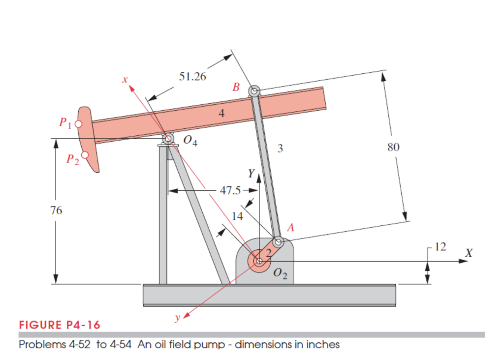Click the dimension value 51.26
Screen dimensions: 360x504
pyautogui.click(x=192, y=77)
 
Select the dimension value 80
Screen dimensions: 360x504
pyautogui.click(x=393, y=147)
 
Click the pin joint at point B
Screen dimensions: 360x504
pyautogui.click(x=254, y=91)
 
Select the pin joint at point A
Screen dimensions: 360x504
pyautogui.click(x=279, y=241)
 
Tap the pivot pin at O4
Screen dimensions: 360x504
pyautogui.click(x=167, y=139)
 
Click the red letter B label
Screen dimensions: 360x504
pyautogui.click(x=236, y=88)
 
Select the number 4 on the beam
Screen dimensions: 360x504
pyautogui.click(x=221, y=114)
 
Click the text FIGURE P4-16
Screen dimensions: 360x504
pyautogui.click(x=60, y=325)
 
